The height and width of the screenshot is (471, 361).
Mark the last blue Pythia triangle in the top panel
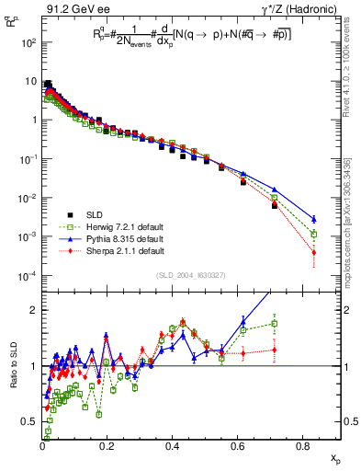(x=314, y=219)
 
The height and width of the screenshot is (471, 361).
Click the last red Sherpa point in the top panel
(x=314, y=251)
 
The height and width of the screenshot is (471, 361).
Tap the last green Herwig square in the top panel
(x=314, y=234)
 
